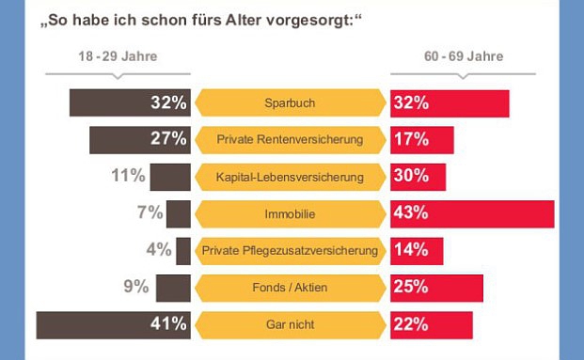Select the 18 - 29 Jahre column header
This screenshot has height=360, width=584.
pos(118,56)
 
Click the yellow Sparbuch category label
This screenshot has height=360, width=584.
pos(290,103)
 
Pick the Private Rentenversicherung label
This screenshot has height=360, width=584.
pos(290,140)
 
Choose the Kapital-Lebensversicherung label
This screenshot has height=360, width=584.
pos(290,177)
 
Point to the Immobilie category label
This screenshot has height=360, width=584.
pos(290,214)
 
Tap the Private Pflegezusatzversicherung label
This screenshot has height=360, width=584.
pos(290,251)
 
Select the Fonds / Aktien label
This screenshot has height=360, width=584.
pos(290,288)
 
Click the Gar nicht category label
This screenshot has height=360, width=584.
pos(290,324)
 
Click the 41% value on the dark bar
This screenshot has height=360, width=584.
pos(168,324)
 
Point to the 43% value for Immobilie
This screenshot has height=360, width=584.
pos(411,214)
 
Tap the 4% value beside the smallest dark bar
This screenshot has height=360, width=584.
pos(159,251)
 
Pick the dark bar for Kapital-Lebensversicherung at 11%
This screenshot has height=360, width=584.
pos(170,177)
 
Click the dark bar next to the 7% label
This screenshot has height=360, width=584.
pos(179,214)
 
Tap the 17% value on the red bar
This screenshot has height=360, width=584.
pos(411,140)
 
